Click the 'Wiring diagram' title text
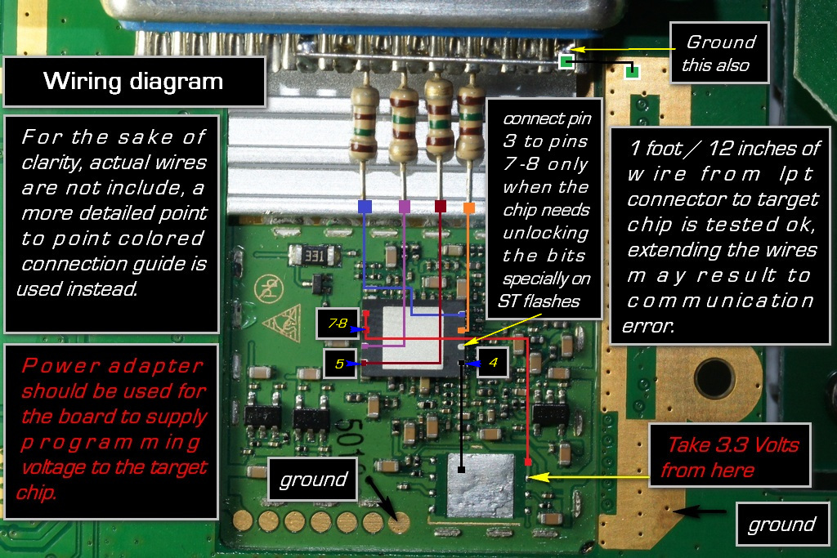[x=133, y=82]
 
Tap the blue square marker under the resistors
[x=365, y=207]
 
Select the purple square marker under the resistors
[x=404, y=207]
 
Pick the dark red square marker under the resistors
[x=441, y=207]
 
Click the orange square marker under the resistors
[x=469, y=208]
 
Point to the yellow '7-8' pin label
[x=338, y=324]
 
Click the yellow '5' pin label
[x=338, y=364]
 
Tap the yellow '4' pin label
[x=493, y=360]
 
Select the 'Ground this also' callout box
[x=719, y=53]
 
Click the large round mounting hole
[x=714, y=377]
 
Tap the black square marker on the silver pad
[x=462, y=470]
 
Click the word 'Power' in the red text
[x=56, y=365]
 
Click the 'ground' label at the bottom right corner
[x=781, y=525]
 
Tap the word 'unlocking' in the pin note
[x=546, y=233]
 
